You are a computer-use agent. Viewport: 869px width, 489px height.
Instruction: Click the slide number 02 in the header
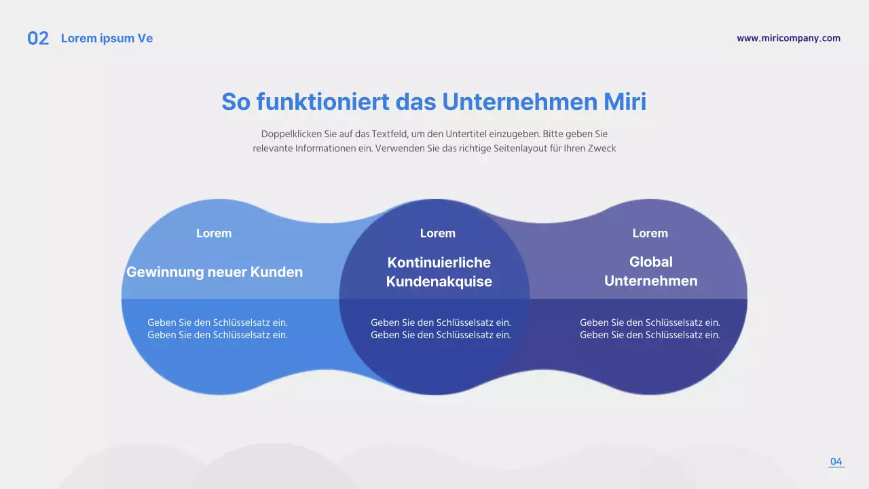click(x=38, y=39)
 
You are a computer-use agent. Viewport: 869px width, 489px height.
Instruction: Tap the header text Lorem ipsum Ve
click(x=107, y=39)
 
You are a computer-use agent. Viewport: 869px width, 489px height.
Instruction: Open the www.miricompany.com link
click(x=788, y=38)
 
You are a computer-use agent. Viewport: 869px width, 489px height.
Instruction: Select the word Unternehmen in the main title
click(x=519, y=102)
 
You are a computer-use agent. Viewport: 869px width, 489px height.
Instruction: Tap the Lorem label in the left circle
click(x=214, y=233)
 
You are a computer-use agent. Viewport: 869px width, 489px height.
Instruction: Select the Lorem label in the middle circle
click(x=438, y=233)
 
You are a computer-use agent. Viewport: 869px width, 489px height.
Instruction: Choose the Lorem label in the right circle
click(x=650, y=233)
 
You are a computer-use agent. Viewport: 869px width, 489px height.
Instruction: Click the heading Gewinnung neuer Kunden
click(x=215, y=272)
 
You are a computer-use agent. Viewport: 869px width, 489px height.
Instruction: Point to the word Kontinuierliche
click(x=439, y=262)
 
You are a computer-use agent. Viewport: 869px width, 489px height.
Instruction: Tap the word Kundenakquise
click(x=439, y=282)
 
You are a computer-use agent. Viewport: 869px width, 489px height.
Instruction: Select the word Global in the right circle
click(x=650, y=261)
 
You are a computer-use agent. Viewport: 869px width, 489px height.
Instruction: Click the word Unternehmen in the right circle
click(x=650, y=281)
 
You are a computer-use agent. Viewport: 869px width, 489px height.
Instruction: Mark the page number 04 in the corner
click(x=836, y=462)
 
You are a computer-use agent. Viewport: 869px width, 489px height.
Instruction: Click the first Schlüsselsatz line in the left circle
click(x=217, y=323)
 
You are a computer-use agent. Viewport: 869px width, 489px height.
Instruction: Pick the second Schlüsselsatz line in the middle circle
click(x=441, y=335)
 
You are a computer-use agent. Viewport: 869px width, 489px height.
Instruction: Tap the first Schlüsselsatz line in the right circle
click(x=650, y=323)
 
